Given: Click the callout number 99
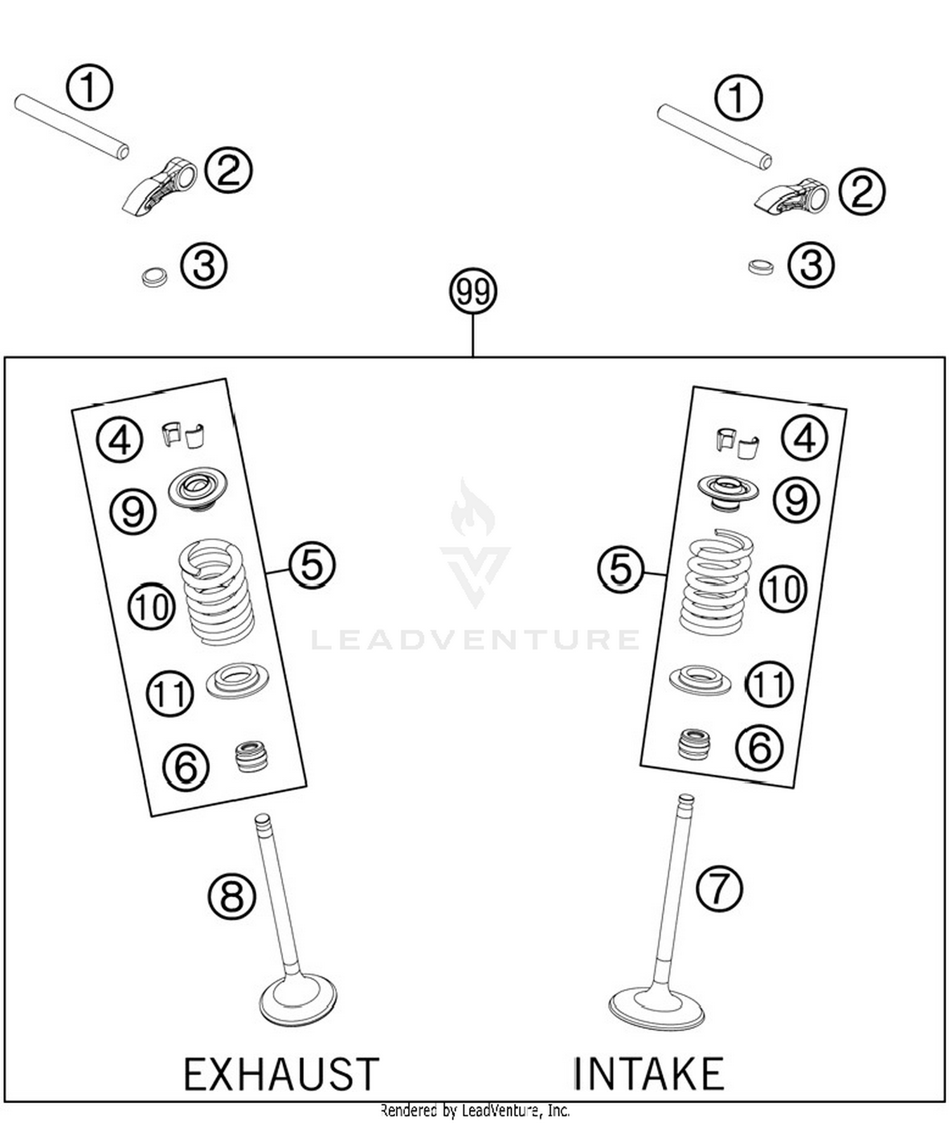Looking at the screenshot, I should [473, 292].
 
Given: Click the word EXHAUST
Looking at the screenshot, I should [281, 1074].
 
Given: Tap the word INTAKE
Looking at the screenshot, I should [648, 1074].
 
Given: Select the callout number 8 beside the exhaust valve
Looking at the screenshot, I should [232, 896].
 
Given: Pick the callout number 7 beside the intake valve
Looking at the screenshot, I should [719, 889].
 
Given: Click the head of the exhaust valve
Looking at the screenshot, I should [298, 1000].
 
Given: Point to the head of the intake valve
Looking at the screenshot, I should [656, 1008].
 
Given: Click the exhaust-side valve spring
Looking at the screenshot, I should [216, 591].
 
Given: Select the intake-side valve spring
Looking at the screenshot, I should [716, 582].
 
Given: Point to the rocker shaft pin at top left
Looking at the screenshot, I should [72, 126].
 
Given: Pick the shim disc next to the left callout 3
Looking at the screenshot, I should [154, 277].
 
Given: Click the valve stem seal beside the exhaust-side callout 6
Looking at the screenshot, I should [251, 756].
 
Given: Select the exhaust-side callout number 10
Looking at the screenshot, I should [152, 606].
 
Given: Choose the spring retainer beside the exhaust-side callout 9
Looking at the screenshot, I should [197, 488].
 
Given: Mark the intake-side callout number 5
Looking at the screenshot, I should [621, 569].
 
